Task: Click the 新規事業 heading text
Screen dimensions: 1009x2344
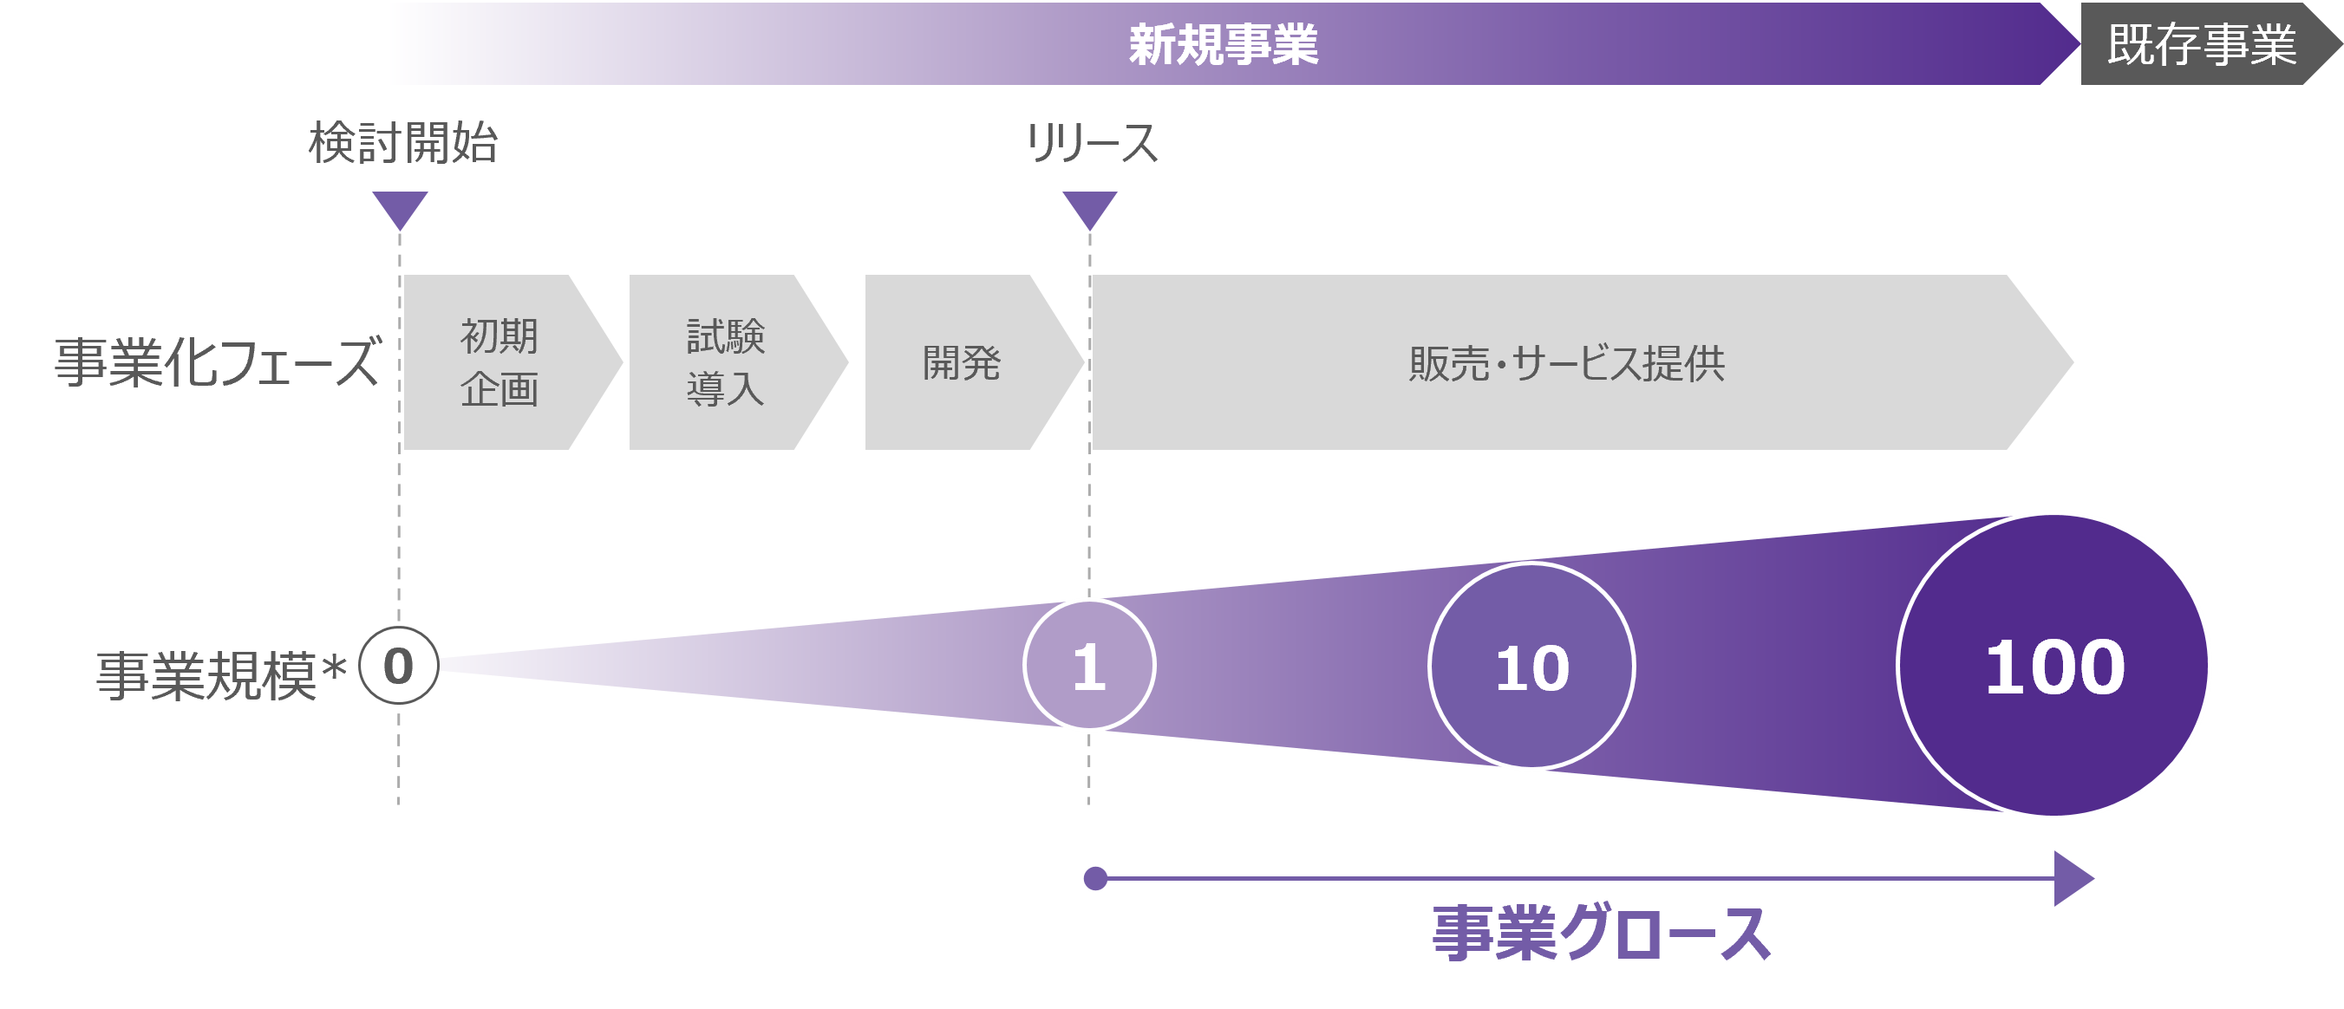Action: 1223,44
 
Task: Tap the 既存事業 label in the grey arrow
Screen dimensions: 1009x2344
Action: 2201,44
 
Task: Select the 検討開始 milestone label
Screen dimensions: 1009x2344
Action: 403,143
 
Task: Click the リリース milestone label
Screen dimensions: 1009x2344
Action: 1091,143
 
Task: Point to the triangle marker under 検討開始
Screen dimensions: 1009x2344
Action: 400,208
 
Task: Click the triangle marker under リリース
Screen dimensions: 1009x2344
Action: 1089,208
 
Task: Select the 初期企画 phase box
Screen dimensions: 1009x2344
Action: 499,362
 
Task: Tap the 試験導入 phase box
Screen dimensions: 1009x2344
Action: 726,362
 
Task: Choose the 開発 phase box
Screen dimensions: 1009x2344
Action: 962,362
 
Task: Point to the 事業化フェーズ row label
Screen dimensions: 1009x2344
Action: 216,362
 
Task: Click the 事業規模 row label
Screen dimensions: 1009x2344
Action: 206,676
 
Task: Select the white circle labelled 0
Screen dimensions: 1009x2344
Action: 399,666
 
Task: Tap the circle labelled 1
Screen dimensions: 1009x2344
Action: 1089,665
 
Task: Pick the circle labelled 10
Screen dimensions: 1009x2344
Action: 1531,666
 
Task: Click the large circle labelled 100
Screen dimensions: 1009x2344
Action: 2053,665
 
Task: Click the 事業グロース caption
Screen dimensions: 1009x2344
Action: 1601,933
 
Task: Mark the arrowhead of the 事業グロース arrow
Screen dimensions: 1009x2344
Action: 2072,878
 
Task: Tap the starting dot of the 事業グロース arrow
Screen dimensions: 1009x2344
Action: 1095,878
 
